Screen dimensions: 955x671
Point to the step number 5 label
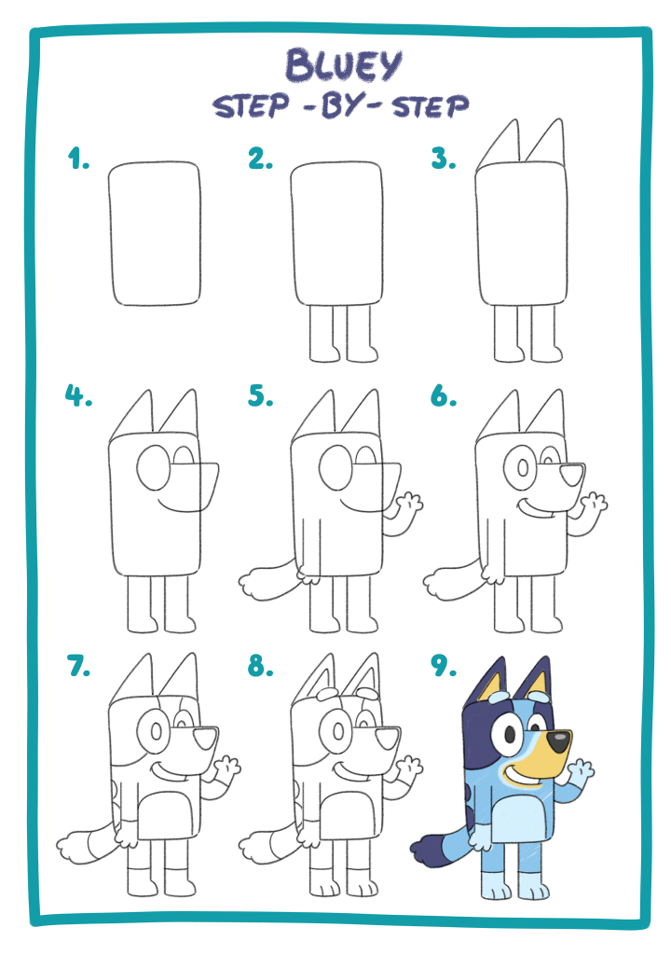point(261,395)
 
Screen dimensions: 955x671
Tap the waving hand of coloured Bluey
point(580,773)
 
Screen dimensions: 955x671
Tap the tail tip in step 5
point(255,584)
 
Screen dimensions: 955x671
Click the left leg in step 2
point(322,334)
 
